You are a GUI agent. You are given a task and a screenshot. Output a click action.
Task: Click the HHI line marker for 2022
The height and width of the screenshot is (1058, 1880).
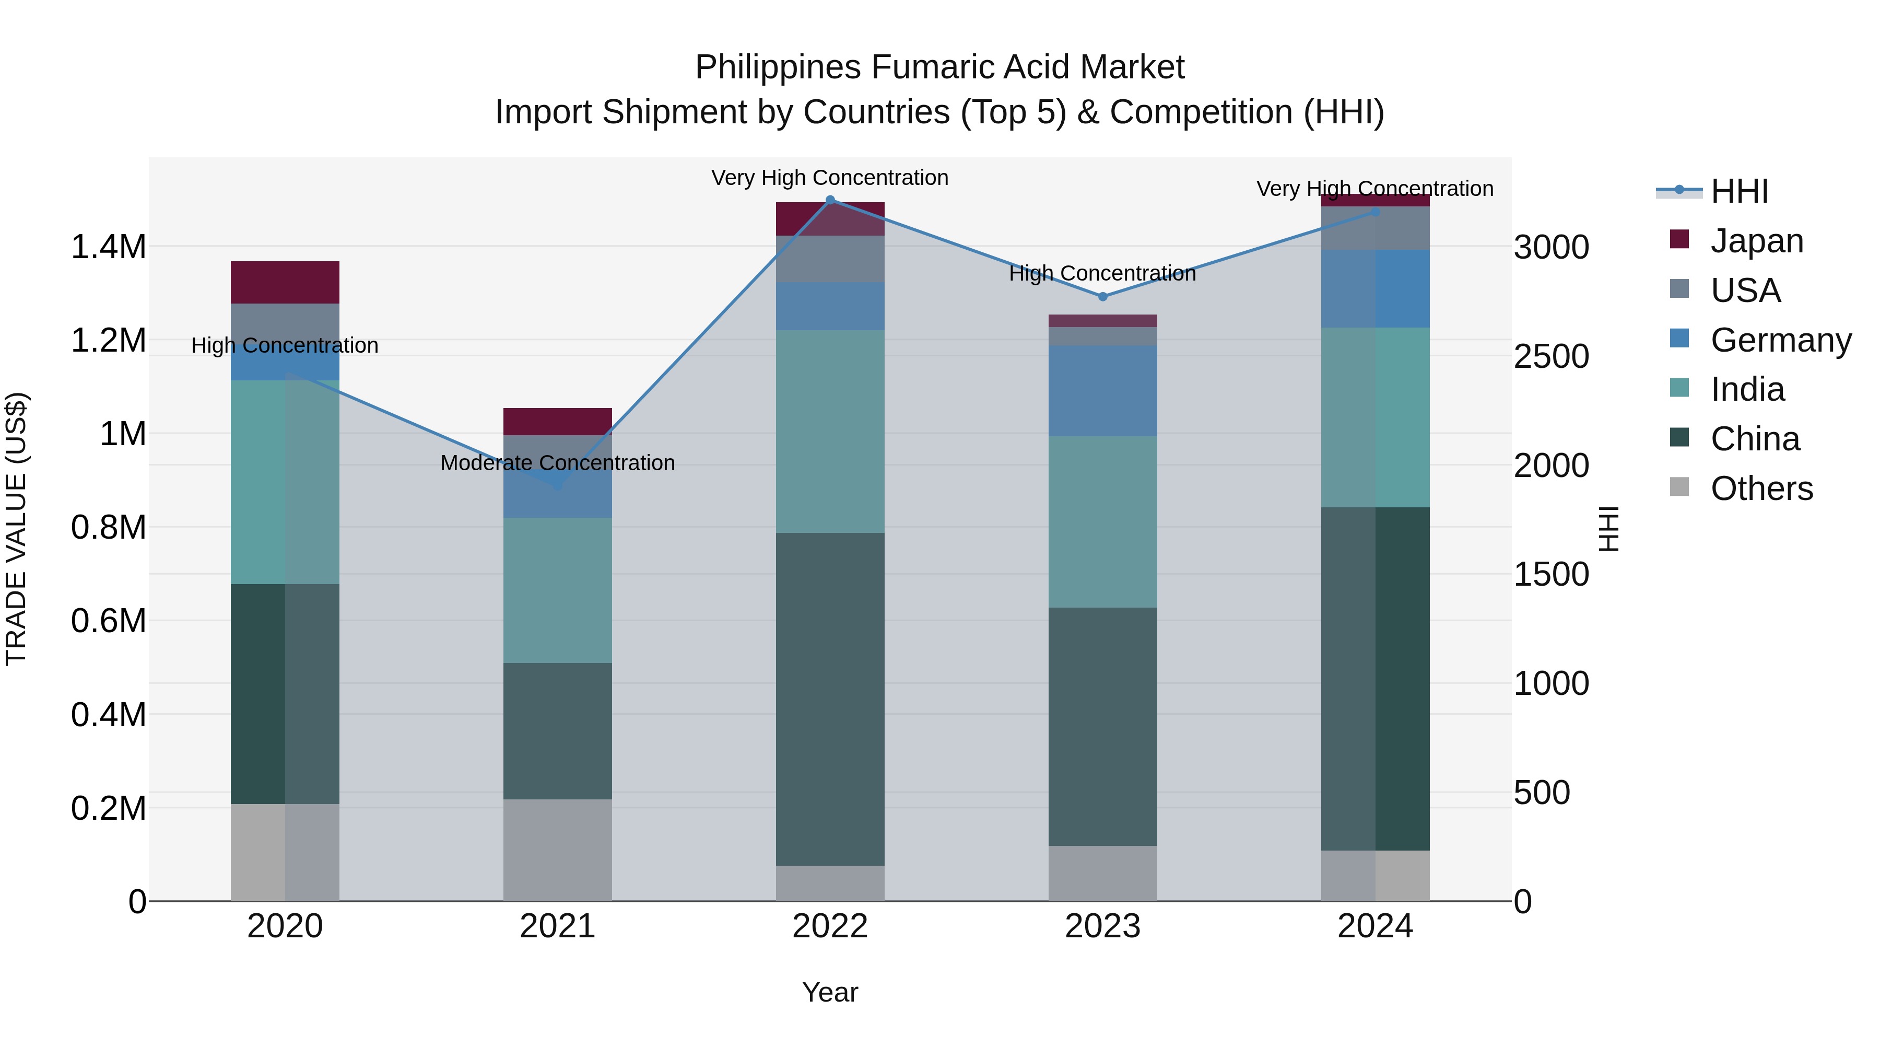[x=830, y=200]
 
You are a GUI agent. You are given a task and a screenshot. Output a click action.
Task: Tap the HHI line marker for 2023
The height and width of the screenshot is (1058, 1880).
[x=1103, y=296]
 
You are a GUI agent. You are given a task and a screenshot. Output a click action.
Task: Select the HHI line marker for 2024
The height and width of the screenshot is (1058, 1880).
[x=1375, y=212]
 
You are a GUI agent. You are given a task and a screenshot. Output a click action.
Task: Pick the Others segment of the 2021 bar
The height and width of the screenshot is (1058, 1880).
[x=558, y=850]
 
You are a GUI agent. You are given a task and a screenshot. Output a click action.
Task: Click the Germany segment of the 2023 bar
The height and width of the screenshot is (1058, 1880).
[x=1103, y=391]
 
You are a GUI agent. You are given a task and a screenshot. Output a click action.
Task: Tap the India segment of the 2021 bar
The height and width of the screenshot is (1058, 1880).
[x=558, y=590]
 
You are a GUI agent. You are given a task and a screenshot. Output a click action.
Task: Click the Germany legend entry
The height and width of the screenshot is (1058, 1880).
[x=1780, y=340]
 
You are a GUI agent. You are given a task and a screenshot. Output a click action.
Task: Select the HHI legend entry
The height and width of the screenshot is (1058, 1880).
[x=1739, y=191]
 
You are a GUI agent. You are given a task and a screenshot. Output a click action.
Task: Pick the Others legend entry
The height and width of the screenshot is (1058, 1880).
[x=1761, y=489]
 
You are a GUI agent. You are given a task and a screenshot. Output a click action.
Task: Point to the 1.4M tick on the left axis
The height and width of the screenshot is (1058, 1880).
[x=108, y=247]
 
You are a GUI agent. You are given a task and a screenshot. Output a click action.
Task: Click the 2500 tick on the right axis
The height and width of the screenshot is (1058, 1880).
[x=1551, y=356]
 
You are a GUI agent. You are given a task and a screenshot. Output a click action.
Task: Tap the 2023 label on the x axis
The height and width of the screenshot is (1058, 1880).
[x=1103, y=926]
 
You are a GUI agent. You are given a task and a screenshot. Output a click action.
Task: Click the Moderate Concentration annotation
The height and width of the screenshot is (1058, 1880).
[x=558, y=463]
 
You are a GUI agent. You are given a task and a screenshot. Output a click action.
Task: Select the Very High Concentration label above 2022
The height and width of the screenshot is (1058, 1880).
[x=830, y=178]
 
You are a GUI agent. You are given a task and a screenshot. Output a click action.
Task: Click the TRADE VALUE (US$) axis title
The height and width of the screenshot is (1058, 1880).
[x=16, y=529]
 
